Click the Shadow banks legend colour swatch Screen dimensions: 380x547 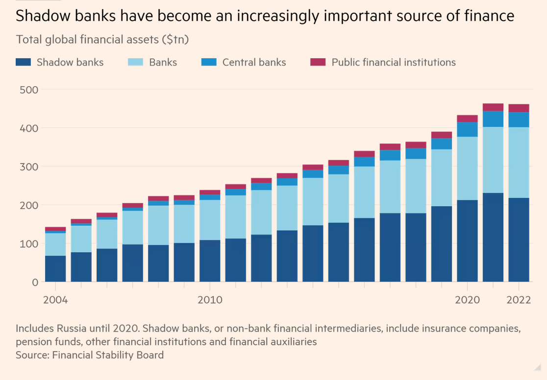pyautogui.click(x=23, y=62)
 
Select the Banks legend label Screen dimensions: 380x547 pyautogui.click(x=163, y=62)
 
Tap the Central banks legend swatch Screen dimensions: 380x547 pyautogui.click(x=209, y=62)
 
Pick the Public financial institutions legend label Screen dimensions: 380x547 pyautogui.click(x=394, y=62)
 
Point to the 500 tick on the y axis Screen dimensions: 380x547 pyautogui.click(x=28, y=90)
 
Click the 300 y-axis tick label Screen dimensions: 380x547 pyautogui.click(x=28, y=166)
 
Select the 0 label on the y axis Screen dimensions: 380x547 pyautogui.click(x=34, y=282)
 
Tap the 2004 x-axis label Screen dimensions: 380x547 pyautogui.click(x=55, y=300)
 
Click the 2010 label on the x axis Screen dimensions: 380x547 pyautogui.click(x=210, y=300)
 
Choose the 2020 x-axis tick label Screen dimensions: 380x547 pyautogui.click(x=467, y=300)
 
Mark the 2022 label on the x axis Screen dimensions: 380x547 pyautogui.click(x=519, y=300)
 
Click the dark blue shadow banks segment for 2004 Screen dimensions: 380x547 pyautogui.click(x=55, y=268)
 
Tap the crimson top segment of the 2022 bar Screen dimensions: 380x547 pyautogui.click(x=519, y=108)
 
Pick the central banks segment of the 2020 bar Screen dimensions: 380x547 pyautogui.click(x=467, y=129)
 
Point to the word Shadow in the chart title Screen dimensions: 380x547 pyautogui.click(x=41, y=16)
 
